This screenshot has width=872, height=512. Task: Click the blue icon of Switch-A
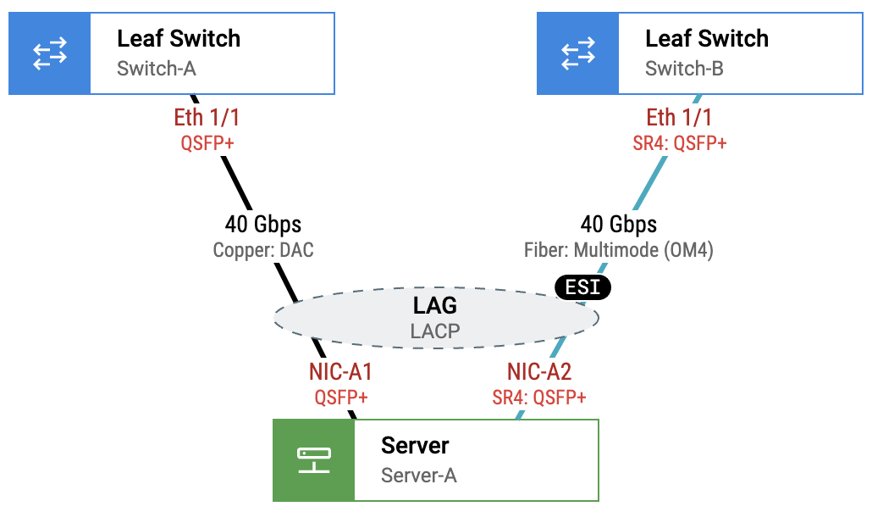[x=49, y=53]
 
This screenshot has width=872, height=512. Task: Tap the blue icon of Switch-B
[x=577, y=53]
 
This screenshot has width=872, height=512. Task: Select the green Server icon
[x=313, y=460]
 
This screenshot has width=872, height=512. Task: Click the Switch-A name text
[x=157, y=69]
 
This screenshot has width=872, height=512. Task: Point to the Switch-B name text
[x=684, y=69]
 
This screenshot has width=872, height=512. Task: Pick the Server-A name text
[x=419, y=476]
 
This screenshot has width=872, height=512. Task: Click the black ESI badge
[x=582, y=287]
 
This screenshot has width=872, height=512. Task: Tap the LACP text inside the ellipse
[x=435, y=331]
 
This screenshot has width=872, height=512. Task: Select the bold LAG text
[x=435, y=306]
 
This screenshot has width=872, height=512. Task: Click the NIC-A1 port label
[x=341, y=372]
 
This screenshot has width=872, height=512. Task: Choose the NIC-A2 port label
[x=539, y=372]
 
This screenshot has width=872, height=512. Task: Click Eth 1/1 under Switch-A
[x=207, y=117]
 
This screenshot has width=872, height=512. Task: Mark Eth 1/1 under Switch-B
[x=680, y=117]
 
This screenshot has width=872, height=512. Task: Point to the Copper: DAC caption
[x=262, y=250]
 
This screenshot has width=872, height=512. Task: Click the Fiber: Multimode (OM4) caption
[x=619, y=250]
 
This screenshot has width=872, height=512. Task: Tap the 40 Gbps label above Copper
[x=262, y=225]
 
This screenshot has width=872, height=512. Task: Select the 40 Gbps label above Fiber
[x=619, y=225]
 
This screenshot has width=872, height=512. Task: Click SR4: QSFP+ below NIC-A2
[x=539, y=398]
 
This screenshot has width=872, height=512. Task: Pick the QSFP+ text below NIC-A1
[x=341, y=398]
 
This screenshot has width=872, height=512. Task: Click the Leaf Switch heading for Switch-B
[x=707, y=39]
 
